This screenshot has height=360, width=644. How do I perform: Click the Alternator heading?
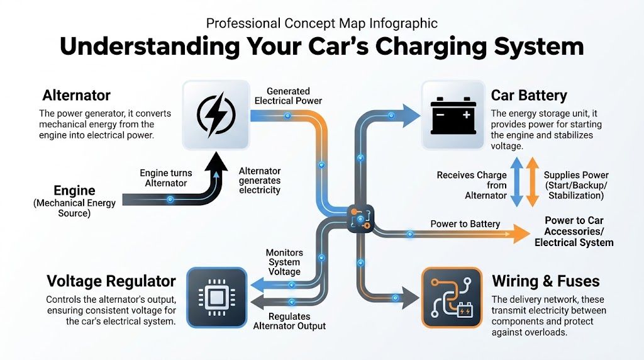76,96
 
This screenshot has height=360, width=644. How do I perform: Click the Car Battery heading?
529,96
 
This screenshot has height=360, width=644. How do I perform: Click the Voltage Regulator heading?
111,281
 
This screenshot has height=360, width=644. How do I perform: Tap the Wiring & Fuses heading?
545,281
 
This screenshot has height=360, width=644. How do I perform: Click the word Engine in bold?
74,191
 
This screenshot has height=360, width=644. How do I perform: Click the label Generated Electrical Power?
287,96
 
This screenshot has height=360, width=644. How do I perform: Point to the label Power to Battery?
465,223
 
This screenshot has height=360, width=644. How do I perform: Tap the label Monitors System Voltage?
284,262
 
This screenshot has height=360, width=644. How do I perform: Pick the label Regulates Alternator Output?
289,321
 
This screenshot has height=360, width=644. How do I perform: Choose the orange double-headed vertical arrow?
531,182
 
